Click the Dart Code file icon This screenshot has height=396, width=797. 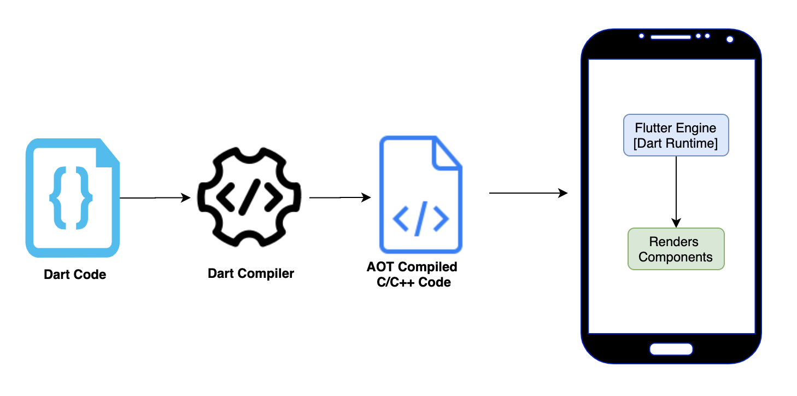(x=73, y=198)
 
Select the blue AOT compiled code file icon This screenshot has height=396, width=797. (x=420, y=194)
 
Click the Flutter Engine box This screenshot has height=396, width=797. (x=676, y=135)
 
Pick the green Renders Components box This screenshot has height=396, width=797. (x=676, y=249)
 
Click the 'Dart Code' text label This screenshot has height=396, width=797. (x=75, y=275)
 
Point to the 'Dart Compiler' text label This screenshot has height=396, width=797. (x=251, y=273)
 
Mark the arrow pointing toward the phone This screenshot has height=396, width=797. (x=528, y=193)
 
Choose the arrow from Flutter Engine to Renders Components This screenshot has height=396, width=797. (x=676, y=191)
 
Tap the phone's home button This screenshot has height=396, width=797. (x=671, y=349)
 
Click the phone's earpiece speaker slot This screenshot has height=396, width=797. (x=671, y=37)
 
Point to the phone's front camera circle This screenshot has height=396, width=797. (x=729, y=39)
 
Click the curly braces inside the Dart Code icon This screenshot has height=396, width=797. (x=71, y=198)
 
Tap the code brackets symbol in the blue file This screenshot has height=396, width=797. (x=420, y=218)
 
